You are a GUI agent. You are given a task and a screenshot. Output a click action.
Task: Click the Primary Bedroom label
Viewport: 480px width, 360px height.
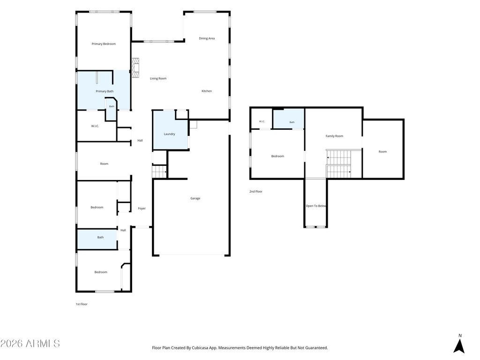[104, 44]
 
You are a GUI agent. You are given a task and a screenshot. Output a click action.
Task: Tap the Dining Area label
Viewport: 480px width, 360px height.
[207, 38]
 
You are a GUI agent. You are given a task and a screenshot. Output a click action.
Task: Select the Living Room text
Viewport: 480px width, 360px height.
[158, 78]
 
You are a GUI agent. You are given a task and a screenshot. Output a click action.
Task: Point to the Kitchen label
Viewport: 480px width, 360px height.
[207, 91]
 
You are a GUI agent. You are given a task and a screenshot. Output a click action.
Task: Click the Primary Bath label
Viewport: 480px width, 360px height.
[105, 91]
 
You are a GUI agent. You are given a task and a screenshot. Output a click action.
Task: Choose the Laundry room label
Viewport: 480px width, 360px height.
[169, 134]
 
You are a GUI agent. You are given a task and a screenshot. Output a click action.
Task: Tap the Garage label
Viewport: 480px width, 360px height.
[195, 198]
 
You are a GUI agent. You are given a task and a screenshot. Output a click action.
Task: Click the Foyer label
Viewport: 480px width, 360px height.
[142, 208]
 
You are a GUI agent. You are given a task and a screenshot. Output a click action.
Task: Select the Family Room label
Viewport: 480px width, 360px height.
[334, 136]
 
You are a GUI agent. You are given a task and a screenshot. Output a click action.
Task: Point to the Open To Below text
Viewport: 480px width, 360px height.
[316, 206]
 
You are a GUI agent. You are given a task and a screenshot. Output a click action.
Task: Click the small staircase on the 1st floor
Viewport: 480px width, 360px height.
[159, 172]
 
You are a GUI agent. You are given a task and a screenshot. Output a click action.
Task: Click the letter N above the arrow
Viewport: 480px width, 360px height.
[460, 336]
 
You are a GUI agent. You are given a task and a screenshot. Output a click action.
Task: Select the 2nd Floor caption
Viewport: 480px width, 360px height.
[255, 191]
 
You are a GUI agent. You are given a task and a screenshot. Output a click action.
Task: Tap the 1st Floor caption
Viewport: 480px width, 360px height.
[82, 304]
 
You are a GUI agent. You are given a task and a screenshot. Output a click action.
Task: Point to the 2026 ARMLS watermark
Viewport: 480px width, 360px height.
[30, 344]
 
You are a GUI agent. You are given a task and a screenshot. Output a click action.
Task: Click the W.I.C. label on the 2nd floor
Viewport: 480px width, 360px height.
[262, 121]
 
